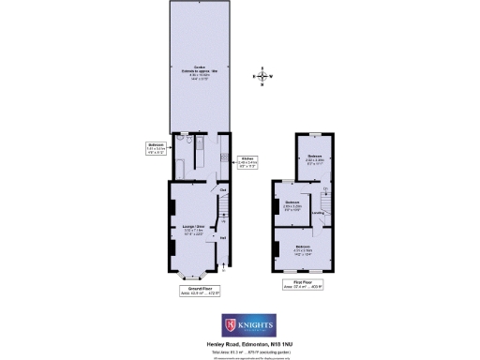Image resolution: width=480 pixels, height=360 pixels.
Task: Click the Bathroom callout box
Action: (x=157, y=147)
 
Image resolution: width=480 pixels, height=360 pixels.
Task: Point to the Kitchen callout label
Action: (x=247, y=162)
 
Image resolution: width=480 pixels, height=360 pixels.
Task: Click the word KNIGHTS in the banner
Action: (x=254, y=323)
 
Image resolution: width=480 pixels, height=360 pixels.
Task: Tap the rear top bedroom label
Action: (x=317, y=161)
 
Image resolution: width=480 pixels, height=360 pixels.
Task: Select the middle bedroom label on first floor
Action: (x=292, y=204)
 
